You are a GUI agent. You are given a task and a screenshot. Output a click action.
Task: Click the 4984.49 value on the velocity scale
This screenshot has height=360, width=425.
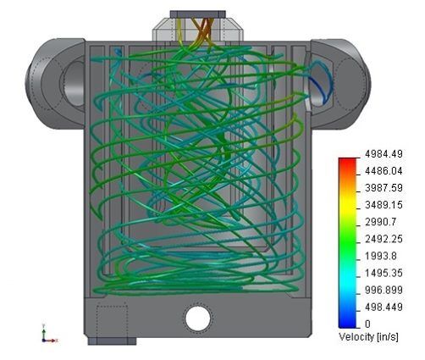coord(384,154)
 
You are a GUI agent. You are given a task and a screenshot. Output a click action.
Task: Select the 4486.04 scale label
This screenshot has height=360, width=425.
coord(384,171)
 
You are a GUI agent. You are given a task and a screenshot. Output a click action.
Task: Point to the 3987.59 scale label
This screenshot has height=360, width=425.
coord(384,188)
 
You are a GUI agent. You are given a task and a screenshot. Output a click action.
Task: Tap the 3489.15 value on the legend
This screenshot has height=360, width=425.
coord(384,205)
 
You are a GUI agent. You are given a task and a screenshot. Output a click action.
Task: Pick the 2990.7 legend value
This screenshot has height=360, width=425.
coord(381,222)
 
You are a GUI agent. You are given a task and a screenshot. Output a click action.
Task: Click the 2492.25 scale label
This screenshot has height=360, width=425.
coord(384,239)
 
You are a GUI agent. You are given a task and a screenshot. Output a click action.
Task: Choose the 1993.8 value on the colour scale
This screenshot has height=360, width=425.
coord(381,256)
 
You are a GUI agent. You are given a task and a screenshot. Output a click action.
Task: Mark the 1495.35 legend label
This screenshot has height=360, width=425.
coord(384,273)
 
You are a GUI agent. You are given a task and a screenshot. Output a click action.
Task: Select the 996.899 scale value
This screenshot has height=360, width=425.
coord(384,290)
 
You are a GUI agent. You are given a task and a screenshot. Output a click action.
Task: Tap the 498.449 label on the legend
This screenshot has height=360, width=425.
coord(384,307)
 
